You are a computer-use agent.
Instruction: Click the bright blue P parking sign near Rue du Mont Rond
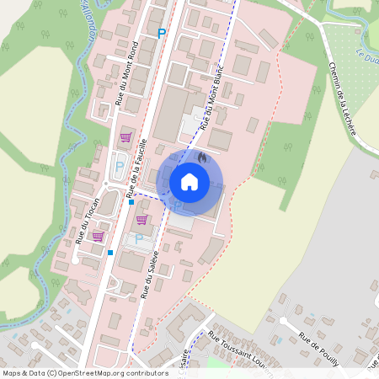point(162,33)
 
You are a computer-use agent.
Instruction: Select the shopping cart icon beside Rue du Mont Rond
point(126,136)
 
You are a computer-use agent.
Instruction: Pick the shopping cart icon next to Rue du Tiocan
point(98,236)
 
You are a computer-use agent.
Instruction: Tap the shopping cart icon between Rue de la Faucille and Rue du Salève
point(142,220)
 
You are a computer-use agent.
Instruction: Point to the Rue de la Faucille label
point(137,169)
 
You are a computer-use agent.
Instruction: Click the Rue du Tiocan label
point(88,221)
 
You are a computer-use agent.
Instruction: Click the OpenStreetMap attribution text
point(84,372)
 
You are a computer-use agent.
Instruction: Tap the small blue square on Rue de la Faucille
point(131,202)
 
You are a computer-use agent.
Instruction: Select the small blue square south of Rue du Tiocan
point(110,252)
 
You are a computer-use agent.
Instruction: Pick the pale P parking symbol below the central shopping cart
point(139,239)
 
